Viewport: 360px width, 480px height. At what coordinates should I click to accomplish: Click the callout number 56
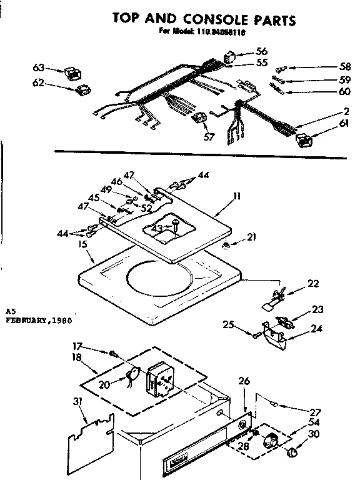[x=261, y=51]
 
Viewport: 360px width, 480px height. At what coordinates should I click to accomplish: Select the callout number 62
[x=39, y=82]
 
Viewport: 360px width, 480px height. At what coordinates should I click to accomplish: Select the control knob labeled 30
[x=291, y=452]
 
